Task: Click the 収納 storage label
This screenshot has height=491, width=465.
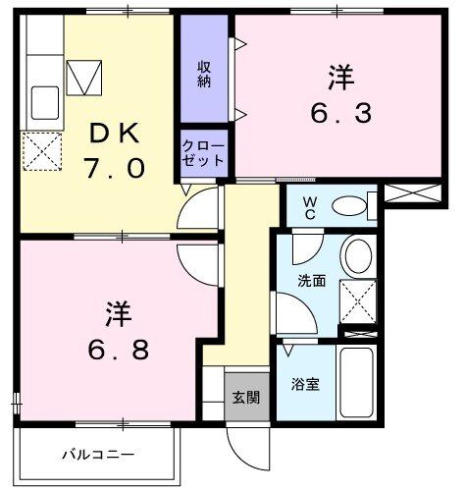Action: point(206,75)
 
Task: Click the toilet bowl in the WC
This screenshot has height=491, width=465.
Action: point(347,207)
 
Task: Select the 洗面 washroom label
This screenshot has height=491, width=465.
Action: point(312,281)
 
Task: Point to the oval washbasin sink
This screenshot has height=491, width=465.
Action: point(357,256)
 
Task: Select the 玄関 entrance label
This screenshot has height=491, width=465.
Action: point(245,398)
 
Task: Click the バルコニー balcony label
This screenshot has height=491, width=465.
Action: point(99,455)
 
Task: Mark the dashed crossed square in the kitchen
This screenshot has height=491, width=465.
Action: point(40,151)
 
